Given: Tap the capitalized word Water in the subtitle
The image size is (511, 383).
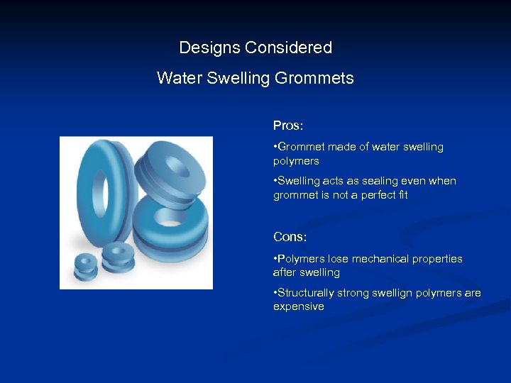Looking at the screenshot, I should pyautogui.click(x=180, y=78).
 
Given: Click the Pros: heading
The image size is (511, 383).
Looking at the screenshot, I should pyautogui.click(x=288, y=126).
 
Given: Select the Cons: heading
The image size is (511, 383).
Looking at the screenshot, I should pyautogui.click(x=290, y=237).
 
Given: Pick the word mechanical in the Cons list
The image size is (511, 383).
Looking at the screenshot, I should pyautogui.click(x=373, y=259).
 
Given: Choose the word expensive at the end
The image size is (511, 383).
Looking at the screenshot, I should pyautogui.click(x=299, y=306).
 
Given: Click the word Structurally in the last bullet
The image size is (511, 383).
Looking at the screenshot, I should pyautogui.click(x=306, y=293).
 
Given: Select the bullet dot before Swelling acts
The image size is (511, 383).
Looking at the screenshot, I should pyautogui.click(x=275, y=182).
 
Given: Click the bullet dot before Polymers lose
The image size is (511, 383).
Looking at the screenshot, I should pyautogui.click(x=275, y=260).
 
